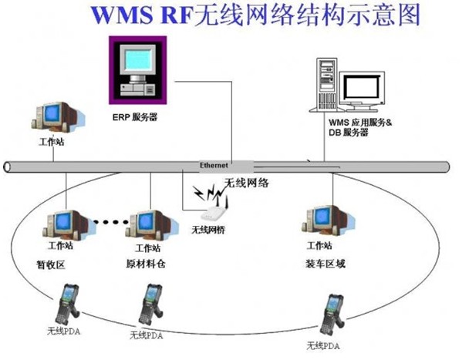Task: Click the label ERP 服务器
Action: coord(140,119)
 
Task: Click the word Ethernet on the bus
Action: coord(214,166)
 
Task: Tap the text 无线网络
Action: coord(246,183)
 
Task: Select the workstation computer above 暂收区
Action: coord(60,224)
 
